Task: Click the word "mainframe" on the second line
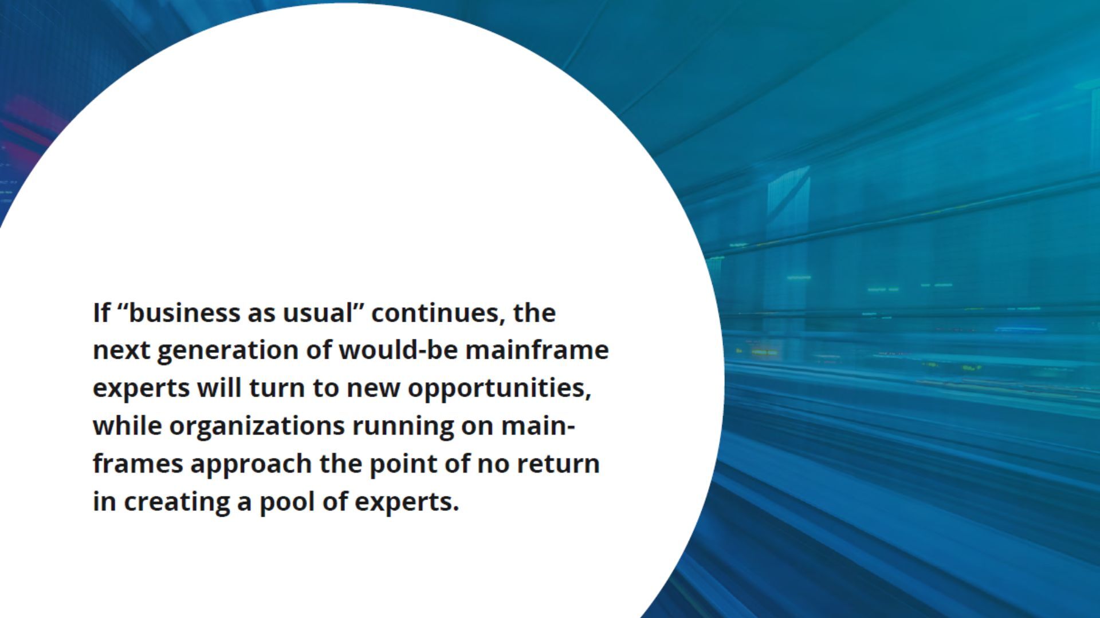pyautogui.click(x=537, y=350)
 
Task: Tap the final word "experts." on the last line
pyautogui.click(x=407, y=502)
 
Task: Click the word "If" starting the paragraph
pyautogui.click(x=101, y=313)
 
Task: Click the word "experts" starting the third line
pyautogui.click(x=141, y=389)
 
